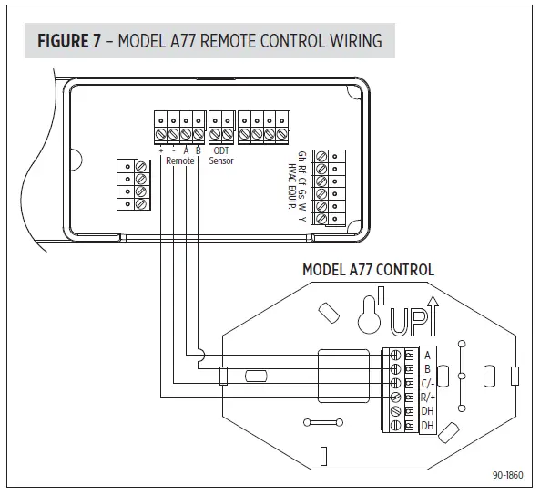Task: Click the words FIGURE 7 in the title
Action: coord(69,41)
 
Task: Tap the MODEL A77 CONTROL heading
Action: coord(368,270)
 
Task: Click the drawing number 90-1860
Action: coord(507,475)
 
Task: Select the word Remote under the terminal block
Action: coord(179,160)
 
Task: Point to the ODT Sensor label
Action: coord(221,156)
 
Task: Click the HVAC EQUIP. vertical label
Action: coord(291,186)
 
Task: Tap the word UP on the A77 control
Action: coord(409,322)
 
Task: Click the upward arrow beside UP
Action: coord(433,316)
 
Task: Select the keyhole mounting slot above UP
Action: coord(370,315)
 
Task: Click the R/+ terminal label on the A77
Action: coord(428,398)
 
